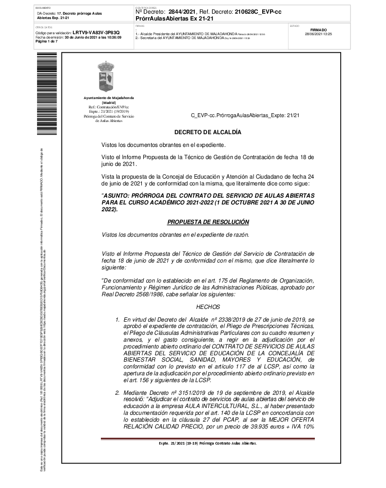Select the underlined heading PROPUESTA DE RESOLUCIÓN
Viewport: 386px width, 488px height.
(x=208, y=222)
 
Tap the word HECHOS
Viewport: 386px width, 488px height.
(x=208, y=307)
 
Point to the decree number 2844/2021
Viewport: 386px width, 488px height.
(x=182, y=11)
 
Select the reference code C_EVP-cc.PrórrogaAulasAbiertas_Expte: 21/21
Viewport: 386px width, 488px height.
(x=245, y=116)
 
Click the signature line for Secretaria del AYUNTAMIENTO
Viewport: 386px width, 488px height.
(x=193, y=38)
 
